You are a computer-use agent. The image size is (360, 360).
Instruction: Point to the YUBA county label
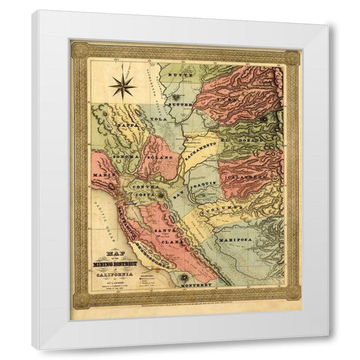[x=228, y=99]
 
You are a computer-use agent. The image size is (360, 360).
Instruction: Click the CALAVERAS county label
[x=247, y=178]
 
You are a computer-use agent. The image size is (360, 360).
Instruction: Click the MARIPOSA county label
[x=233, y=240]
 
